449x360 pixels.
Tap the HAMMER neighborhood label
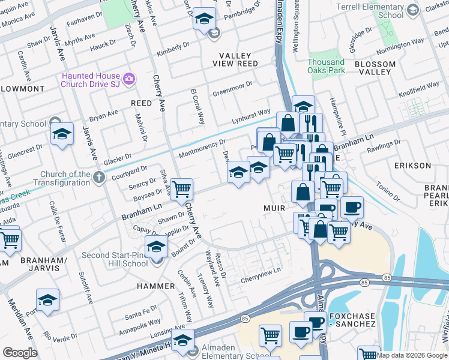[x=155, y=286]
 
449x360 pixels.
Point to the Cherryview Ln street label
[x=261, y=271]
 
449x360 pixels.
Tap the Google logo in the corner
[x=20, y=353]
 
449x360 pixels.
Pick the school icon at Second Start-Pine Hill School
[x=156, y=247]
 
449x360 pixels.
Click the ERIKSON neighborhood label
[x=413, y=165]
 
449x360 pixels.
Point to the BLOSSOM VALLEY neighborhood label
[x=375, y=68]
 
